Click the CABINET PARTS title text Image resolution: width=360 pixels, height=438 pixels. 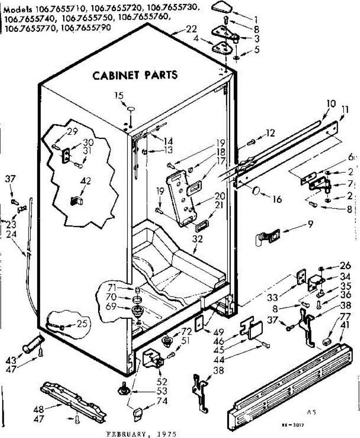click(x=135, y=75)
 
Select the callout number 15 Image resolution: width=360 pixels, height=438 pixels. click(x=119, y=96)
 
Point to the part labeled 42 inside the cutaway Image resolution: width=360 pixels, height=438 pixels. click(x=76, y=200)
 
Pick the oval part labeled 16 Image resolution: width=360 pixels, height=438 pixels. click(x=257, y=190)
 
